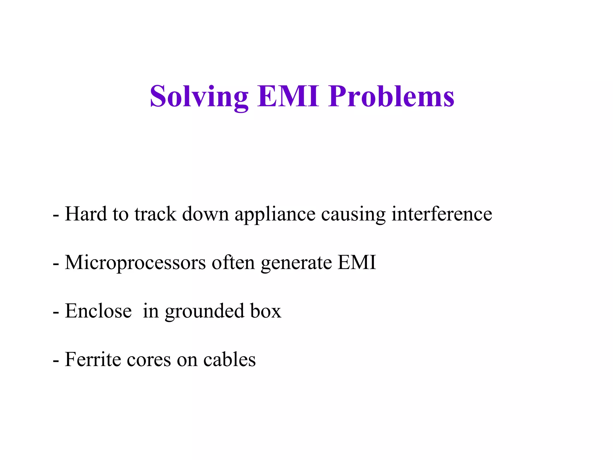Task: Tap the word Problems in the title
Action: [x=391, y=96]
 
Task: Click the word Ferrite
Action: [x=93, y=359]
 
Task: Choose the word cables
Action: [x=229, y=359]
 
